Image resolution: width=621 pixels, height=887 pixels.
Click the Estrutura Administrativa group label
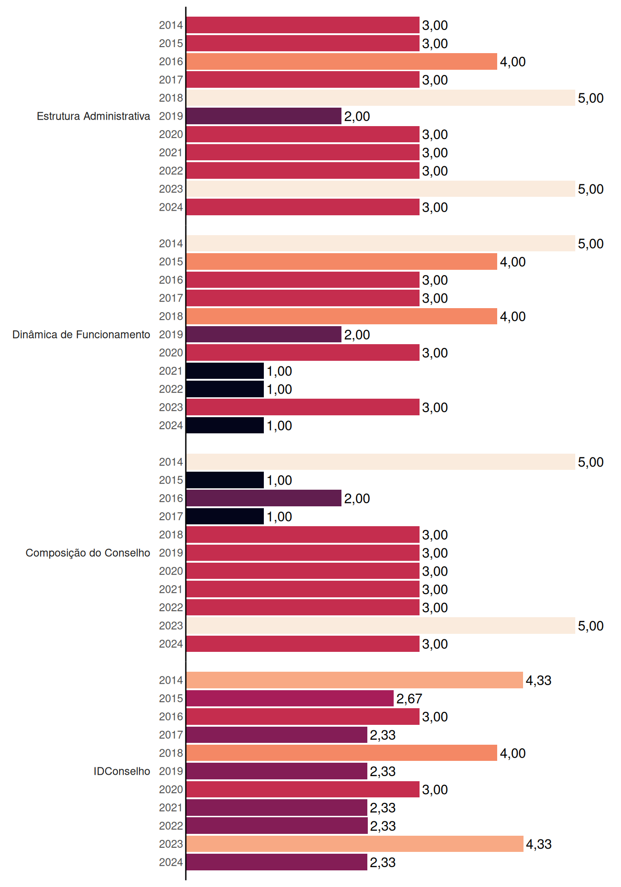click(93, 116)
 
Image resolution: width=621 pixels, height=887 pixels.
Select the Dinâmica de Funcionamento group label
click(81, 334)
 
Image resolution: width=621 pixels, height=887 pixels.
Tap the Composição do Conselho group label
click(88, 553)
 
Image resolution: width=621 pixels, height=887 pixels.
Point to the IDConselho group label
click(122, 771)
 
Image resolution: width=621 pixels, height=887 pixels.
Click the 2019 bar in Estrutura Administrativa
click(264, 116)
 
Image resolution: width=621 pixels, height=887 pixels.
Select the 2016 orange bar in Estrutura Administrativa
click(342, 61)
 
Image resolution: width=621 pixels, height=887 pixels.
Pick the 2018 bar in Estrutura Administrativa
click(381, 98)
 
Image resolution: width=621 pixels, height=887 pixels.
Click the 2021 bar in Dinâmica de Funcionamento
click(225, 371)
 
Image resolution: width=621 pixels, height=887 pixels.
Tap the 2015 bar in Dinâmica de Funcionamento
click(342, 261)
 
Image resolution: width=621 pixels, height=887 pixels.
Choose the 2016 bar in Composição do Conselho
click(264, 498)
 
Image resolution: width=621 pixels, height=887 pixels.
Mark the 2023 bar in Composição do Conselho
click(381, 626)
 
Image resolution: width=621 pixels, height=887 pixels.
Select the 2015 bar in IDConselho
click(290, 699)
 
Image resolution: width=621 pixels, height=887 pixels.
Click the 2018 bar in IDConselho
click(342, 753)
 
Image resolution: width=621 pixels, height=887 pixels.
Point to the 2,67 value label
click(409, 699)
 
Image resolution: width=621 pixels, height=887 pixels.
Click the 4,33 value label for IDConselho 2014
click(539, 680)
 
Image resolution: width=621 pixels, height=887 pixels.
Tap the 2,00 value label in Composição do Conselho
click(357, 498)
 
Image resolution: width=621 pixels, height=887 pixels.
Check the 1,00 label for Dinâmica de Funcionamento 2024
click(280, 426)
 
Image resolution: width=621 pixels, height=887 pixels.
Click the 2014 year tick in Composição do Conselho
click(171, 462)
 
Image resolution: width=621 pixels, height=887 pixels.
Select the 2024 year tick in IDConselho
click(171, 863)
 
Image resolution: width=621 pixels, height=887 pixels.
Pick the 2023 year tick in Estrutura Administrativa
click(171, 189)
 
